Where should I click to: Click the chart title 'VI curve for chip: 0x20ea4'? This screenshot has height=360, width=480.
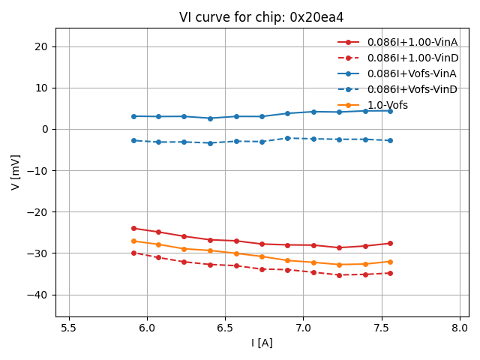261,17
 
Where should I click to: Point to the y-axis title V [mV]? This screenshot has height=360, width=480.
16,172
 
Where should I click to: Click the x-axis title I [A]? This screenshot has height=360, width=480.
261,343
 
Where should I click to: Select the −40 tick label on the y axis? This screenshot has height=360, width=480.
38,295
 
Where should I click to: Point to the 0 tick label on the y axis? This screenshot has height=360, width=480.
45,129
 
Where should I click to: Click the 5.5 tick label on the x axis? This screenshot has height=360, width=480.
69,328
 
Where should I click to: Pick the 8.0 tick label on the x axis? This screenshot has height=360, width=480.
460,328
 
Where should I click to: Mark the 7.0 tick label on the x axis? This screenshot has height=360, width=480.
303,328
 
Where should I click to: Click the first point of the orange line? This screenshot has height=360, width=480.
133,241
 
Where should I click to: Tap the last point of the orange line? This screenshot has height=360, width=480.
390,262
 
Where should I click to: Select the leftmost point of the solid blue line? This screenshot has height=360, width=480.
133,116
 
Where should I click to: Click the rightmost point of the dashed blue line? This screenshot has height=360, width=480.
390,140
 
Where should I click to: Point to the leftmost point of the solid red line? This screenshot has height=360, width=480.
133,228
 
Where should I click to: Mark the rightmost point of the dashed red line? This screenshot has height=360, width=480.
390,273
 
